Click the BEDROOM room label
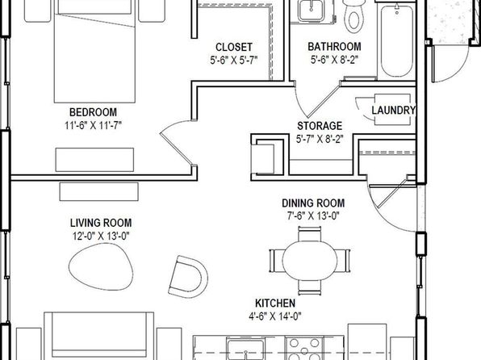coord(93,112)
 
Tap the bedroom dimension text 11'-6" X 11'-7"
coord(94,126)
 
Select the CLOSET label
coord(234,48)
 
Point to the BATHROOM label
coord(334,47)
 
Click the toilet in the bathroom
coord(353,16)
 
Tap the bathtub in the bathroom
coord(396,39)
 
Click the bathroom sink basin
coord(311,10)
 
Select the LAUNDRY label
coord(394,110)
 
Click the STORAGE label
coord(320,126)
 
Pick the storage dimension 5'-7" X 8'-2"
coord(320,139)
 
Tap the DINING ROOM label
coord(313,203)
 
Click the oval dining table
coord(310,261)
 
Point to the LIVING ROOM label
coord(101,223)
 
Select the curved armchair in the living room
coord(188,277)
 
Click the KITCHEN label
coord(275,303)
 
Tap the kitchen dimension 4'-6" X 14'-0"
coord(275,316)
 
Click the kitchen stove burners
coord(304,348)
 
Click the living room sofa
coord(98,336)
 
